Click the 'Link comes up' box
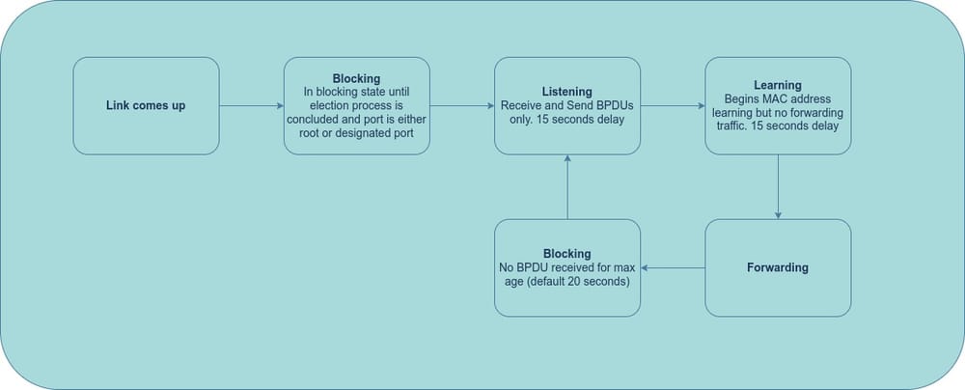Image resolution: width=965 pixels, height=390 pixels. (146, 105)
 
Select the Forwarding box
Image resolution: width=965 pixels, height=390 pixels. (777, 267)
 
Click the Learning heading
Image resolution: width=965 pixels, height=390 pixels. (777, 85)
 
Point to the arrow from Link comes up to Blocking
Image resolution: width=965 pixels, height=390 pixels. (251, 105)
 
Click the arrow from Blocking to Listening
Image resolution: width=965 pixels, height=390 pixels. (461, 105)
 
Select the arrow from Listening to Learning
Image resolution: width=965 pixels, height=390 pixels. (672, 105)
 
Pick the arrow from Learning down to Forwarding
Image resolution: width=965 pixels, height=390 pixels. (778, 186)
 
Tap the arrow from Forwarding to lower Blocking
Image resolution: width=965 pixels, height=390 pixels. (672, 267)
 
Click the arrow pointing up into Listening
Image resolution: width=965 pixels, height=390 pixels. (567, 186)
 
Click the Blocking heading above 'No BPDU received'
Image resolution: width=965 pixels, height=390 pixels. (567, 253)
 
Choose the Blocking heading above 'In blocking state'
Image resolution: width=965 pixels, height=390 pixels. (356, 78)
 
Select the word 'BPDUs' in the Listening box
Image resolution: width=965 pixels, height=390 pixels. (613, 104)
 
